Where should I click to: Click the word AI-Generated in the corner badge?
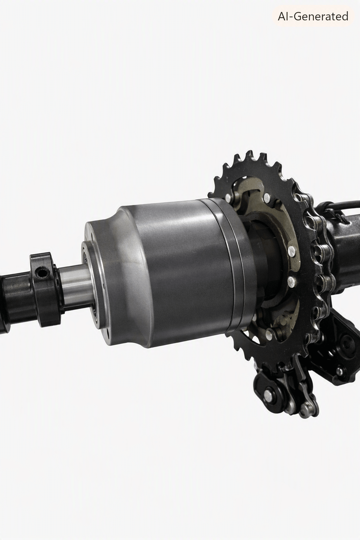point(313,17)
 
